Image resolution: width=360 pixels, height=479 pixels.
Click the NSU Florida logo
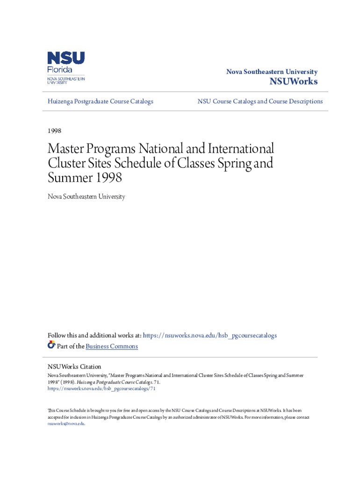(x=66, y=67)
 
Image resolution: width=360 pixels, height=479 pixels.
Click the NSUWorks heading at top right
(x=294, y=82)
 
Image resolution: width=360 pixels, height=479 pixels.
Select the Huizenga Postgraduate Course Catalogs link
(x=101, y=102)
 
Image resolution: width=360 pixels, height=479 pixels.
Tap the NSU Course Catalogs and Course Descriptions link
(x=260, y=102)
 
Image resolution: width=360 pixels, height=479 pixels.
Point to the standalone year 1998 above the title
(x=55, y=131)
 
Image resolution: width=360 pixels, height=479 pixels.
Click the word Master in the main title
(x=67, y=149)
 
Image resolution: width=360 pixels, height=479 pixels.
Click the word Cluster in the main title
(x=65, y=164)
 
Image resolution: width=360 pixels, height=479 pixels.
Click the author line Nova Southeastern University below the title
(x=86, y=197)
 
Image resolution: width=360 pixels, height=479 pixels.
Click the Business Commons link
(x=112, y=346)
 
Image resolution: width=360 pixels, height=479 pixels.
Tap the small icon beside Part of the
(x=51, y=346)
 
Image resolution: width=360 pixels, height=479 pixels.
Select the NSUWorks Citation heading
(x=74, y=367)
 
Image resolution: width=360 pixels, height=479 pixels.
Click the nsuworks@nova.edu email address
(x=66, y=423)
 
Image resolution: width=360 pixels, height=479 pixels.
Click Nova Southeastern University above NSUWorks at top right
(x=272, y=72)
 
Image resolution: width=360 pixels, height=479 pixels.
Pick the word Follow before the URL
(x=58, y=335)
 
